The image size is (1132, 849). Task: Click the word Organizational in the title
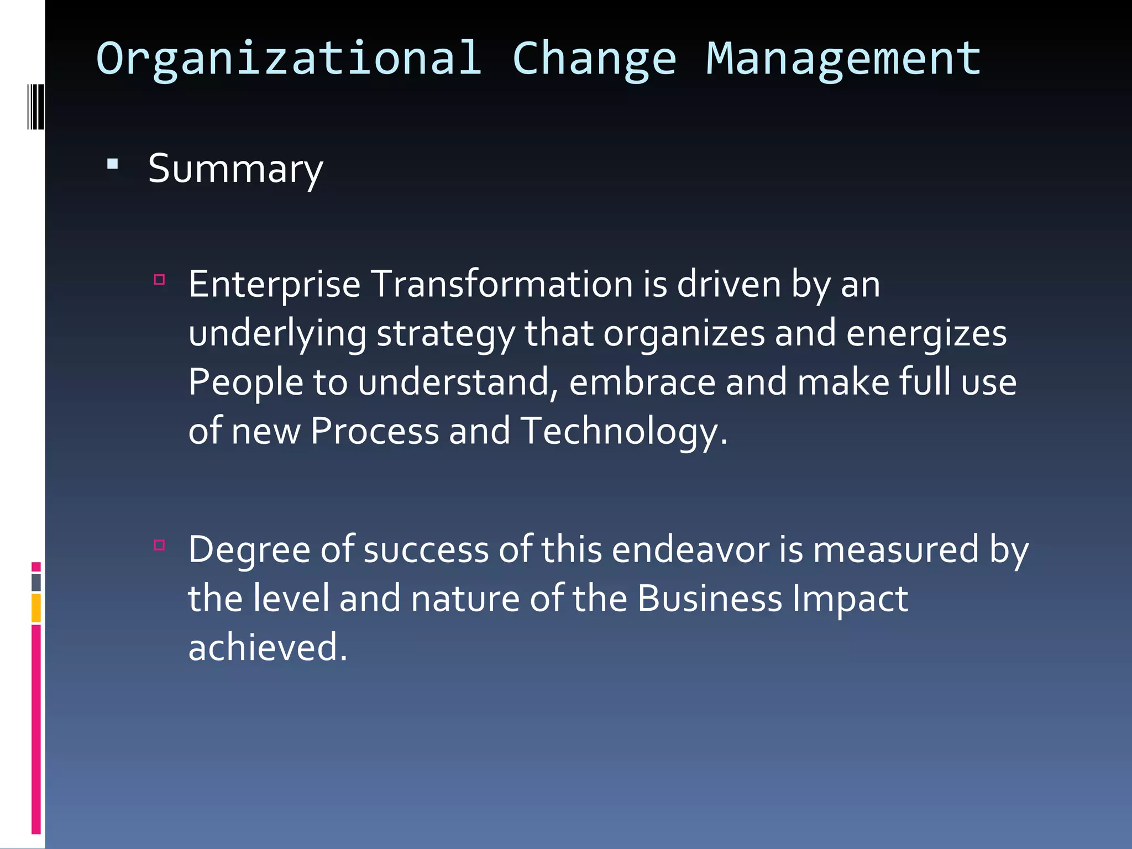click(289, 59)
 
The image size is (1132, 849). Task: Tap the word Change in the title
click(594, 59)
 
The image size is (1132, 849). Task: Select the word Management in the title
click(843, 59)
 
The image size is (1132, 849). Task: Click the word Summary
click(235, 169)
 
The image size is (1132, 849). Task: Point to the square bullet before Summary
click(113, 164)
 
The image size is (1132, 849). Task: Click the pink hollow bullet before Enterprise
click(160, 280)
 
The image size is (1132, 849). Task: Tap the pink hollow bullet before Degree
click(160, 545)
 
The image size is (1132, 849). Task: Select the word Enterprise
click(274, 285)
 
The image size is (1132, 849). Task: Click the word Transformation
click(501, 285)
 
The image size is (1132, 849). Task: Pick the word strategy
click(446, 334)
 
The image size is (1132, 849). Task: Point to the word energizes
click(926, 334)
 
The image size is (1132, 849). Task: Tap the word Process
click(375, 431)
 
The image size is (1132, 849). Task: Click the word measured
click(896, 550)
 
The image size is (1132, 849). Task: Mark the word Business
click(710, 599)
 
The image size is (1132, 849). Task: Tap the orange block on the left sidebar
click(36, 608)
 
